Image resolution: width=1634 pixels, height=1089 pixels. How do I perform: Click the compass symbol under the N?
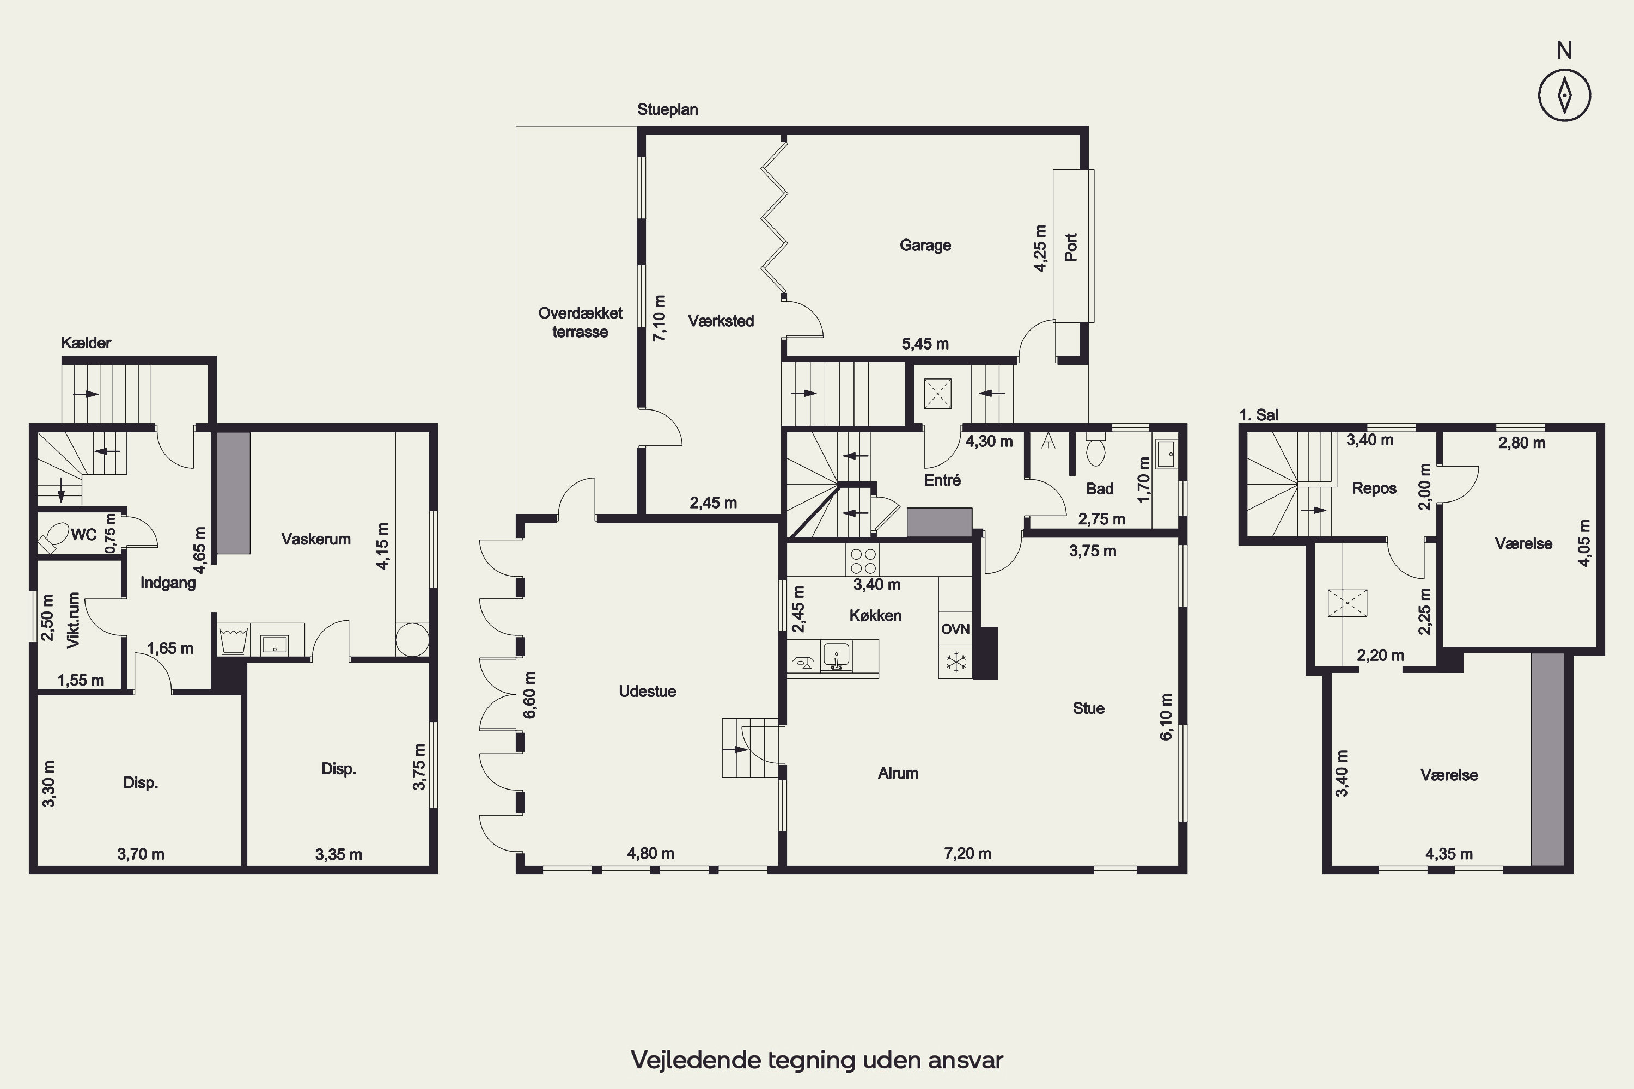[x=1564, y=95]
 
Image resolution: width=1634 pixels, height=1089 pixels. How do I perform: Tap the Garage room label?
[x=925, y=245]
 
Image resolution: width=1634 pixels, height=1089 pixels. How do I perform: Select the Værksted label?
[x=721, y=321]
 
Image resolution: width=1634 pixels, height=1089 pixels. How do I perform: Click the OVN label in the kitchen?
[x=955, y=629]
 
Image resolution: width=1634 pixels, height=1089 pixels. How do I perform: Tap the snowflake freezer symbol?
[x=956, y=662]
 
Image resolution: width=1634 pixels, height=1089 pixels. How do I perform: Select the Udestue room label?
[x=648, y=691]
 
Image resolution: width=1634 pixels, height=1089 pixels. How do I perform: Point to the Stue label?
[x=1089, y=708]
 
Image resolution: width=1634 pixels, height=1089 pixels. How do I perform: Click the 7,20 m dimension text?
[x=968, y=854]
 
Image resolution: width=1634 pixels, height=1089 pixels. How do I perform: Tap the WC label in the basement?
[x=84, y=535]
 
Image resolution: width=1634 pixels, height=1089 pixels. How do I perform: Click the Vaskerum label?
[x=316, y=539]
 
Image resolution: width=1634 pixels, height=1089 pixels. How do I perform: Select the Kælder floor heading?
[x=86, y=342]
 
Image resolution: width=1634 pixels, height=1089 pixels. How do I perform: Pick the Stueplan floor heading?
[x=668, y=109]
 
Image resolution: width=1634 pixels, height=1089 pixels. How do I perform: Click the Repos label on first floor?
[x=1374, y=489]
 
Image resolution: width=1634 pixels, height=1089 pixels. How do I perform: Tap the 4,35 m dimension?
[x=1449, y=854]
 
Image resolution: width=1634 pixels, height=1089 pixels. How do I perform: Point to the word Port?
[x=1071, y=247]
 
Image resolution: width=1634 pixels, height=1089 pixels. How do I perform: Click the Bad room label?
[x=1100, y=489]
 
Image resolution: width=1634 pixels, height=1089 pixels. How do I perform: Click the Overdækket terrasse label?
[x=581, y=322]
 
